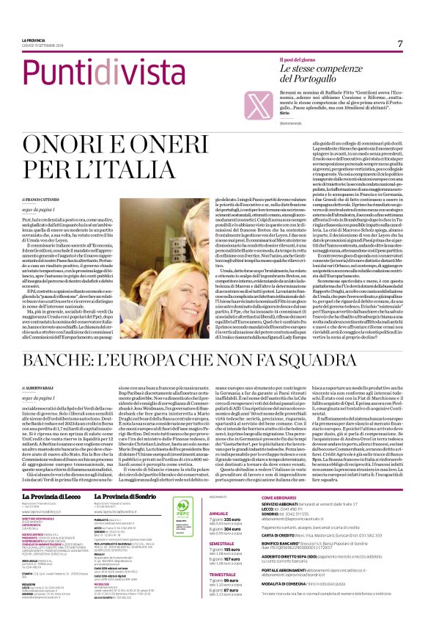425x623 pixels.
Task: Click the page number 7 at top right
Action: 400,44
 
